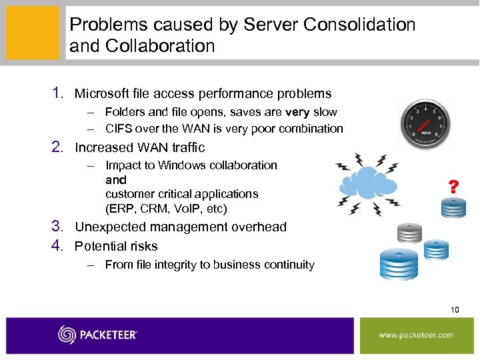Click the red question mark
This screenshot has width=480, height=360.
coord(453,187)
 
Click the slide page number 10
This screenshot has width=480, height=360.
coord(455,309)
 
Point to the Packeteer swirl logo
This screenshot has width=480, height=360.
coord(67,335)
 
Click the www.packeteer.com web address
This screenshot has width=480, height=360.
coord(417,335)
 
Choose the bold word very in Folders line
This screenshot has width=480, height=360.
coord(297,112)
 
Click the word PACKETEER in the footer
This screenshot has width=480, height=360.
coord(109,335)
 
